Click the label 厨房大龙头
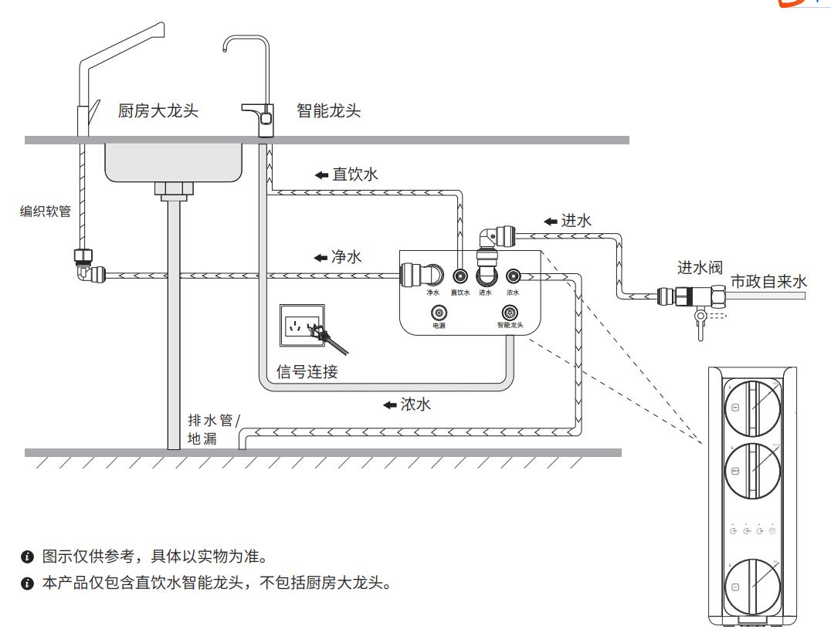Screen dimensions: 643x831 click(158, 111)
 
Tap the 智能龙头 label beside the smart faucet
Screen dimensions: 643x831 click(329, 111)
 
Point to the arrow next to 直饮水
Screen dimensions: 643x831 click(321, 175)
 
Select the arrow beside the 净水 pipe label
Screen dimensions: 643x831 click(321, 258)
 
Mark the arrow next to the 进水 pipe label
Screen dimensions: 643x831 click(550, 222)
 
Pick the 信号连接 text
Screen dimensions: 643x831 click(307, 372)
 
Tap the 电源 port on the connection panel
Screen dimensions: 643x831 click(439, 313)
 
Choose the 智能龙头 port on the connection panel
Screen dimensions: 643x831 click(510, 313)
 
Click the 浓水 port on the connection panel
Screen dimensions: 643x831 click(513, 276)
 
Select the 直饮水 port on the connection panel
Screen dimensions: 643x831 click(460, 276)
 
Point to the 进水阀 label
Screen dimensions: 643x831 click(700, 268)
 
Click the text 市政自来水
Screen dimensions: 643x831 click(768, 282)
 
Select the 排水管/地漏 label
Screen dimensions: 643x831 click(214, 430)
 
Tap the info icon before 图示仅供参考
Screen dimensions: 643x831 click(28, 557)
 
